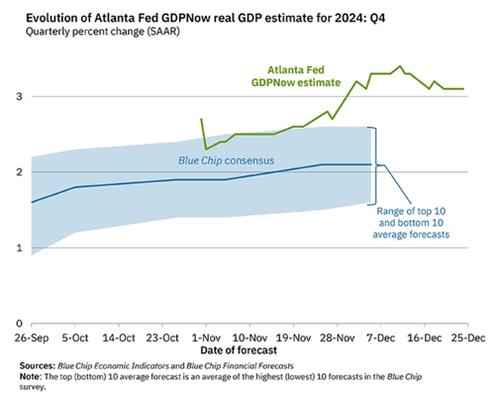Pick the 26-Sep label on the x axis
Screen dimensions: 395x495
tap(32, 337)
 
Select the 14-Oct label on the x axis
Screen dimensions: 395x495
tap(119, 337)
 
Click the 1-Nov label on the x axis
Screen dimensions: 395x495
tap(205, 337)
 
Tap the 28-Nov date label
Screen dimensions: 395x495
tap(335, 337)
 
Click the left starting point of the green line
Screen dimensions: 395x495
tap(202, 119)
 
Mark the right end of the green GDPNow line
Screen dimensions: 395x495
tap(463, 89)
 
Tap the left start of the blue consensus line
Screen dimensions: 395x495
tap(32, 202)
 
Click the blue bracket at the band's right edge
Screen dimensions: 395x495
tap(373, 164)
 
